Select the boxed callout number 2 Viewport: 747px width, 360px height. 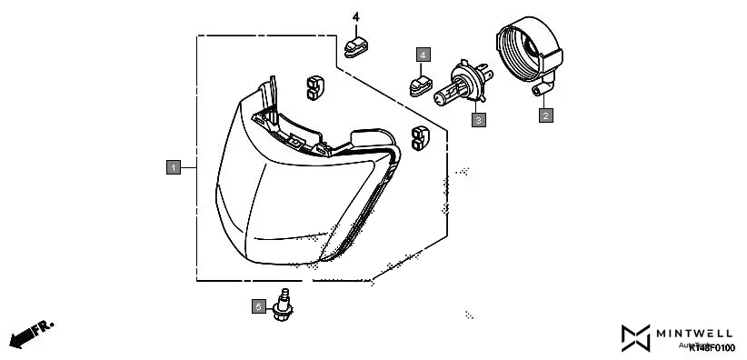pyautogui.click(x=545, y=115)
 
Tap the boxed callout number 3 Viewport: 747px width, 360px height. pyautogui.click(x=478, y=118)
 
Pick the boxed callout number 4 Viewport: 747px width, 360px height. pyautogui.click(x=423, y=55)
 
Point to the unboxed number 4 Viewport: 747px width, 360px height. pyautogui.click(x=356, y=18)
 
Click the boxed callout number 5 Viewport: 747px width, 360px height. pyautogui.click(x=258, y=307)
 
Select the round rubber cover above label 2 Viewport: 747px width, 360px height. pyautogui.click(x=528, y=49)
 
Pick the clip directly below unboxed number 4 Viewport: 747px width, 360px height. pyautogui.click(x=356, y=43)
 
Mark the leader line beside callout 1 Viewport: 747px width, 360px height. pyautogui.click(x=188, y=166)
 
